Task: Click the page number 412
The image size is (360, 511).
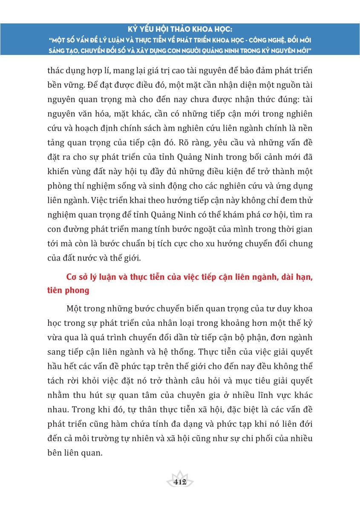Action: [x=180, y=482]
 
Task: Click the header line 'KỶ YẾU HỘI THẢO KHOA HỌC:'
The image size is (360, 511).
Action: [x=180, y=31]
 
